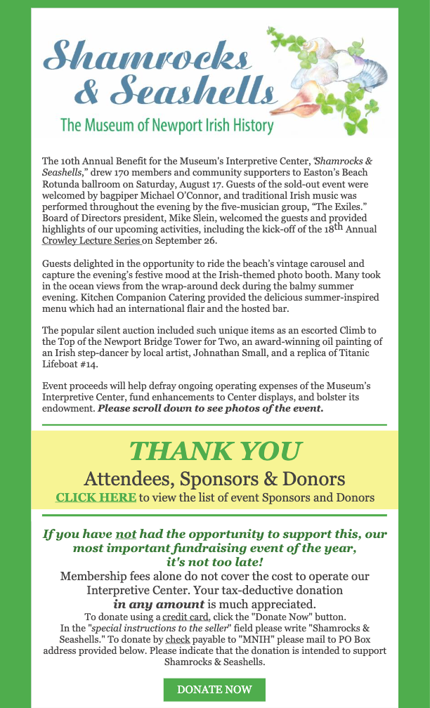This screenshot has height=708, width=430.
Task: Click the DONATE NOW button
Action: coord(214,690)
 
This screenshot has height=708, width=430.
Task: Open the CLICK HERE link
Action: coord(96,497)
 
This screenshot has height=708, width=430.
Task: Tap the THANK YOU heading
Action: coord(215,451)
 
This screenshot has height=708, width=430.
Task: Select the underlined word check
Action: coord(177,640)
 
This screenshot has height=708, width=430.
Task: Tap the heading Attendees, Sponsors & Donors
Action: coord(214,479)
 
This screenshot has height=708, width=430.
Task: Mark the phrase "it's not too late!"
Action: coord(214,562)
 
